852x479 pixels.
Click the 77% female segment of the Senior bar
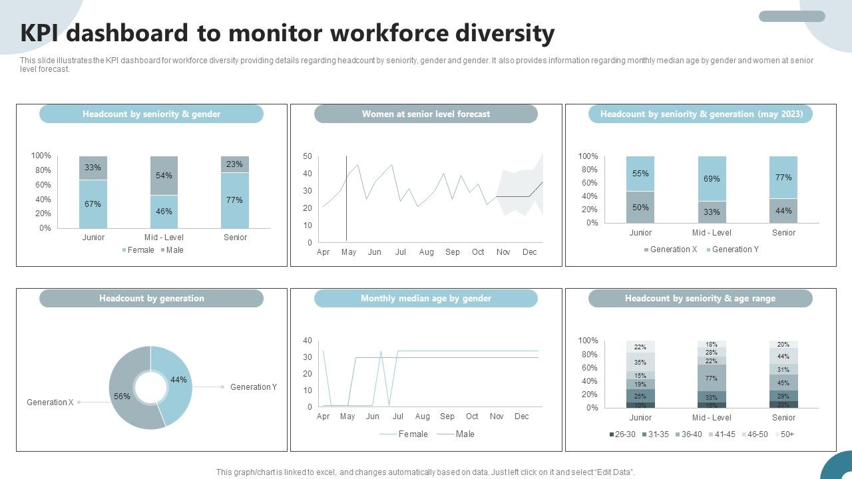[x=234, y=200]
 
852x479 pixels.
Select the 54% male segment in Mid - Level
[x=164, y=176]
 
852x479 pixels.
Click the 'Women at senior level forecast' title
[x=425, y=114]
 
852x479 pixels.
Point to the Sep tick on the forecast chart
[x=453, y=252]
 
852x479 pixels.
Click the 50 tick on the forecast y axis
[x=308, y=156]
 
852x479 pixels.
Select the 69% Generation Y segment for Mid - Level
[x=712, y=179]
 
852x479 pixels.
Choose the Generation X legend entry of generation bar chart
[x=670, y=249]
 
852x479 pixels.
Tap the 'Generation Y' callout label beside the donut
[x=253, y=387]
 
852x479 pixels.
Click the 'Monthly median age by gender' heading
[x=425, y=299]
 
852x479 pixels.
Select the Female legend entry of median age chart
[x=409, y=434]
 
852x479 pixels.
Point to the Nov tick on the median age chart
[x=497, y=416]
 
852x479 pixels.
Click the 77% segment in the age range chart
[x=712, y=378]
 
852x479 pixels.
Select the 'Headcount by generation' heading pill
[x=151, y=299]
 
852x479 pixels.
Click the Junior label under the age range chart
[x=640, y=418]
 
